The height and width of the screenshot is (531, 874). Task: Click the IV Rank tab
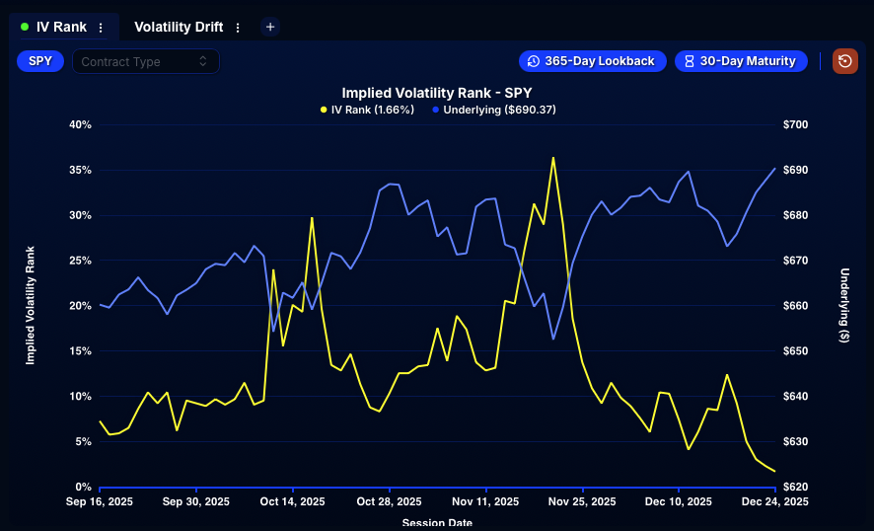pyautogui.click(x=61, y=28)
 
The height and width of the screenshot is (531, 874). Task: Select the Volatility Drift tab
pyautogui.click(x=179, y=28)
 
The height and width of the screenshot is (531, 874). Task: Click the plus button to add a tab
pyautogui.click(x=270, y=28)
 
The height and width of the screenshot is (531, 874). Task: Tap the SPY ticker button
pyautogui.click(x=40, y=61)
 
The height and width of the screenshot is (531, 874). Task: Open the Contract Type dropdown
pyautogui.click(x=145, y=61)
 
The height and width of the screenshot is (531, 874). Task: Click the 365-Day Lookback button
pyautogui.click(x=591, y=61)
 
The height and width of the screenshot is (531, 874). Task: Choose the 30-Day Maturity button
pyautogui.click(x=740, y=61)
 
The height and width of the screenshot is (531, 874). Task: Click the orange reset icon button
pyautogui.click(x=844, y=61)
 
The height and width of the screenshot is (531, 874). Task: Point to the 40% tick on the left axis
pyautogui.click(x=80, y=124)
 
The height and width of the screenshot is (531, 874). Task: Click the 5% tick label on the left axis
pyautogui.click(x=83, y=442)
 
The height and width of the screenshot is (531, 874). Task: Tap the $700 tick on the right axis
pyautogui.click(x=795, y=124)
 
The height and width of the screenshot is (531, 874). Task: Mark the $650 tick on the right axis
pyautogui.click(x=795, y=351)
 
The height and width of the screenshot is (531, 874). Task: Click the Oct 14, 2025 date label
pyautogui.click(x=293, y=502)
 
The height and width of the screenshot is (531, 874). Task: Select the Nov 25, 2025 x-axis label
pyautogui.click(x=582, y=502)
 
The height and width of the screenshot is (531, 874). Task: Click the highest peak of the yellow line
pyautogui.click(x=553, y=157)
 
